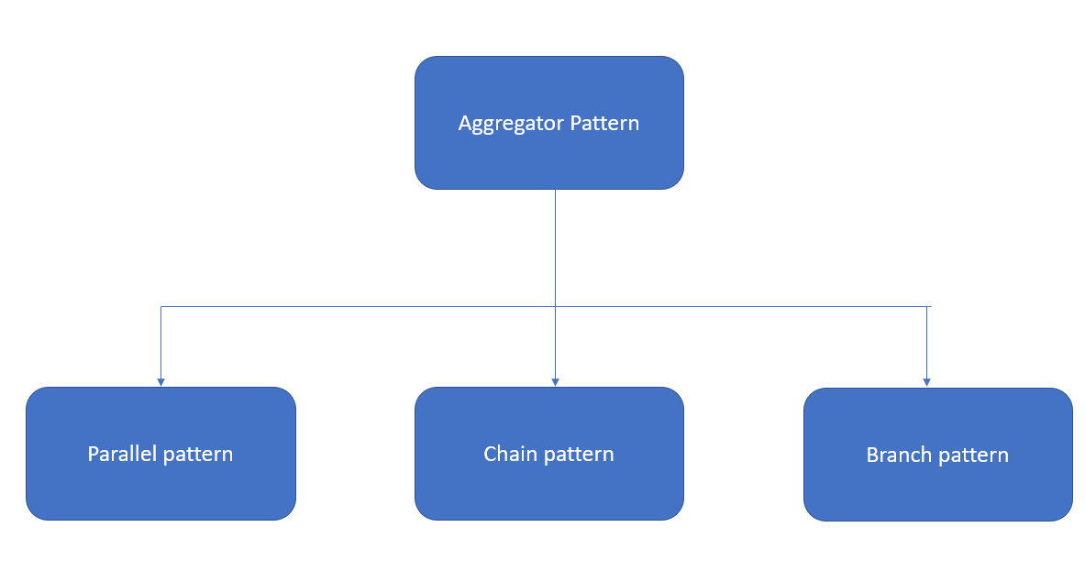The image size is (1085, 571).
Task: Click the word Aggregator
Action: (x=512, y=124)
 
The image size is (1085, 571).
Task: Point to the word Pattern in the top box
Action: (x=604, y=123)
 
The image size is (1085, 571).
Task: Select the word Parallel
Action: (x=121, y=454)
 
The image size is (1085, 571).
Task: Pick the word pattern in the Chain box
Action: (x=578, y=454)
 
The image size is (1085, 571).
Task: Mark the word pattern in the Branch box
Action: (x=972, y=455)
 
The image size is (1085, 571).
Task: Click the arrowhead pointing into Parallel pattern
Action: (x=161, y=381)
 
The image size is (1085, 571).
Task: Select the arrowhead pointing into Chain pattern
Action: (x=555, y=381)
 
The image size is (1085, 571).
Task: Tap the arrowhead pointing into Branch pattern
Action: (x=926, y=381)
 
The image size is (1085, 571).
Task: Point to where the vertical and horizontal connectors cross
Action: (x=555, y=306)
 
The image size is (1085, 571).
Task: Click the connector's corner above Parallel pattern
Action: (x=161, y=306)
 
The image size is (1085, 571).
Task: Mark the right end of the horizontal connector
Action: (x=931, y=306)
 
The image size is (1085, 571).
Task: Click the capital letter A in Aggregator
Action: (x=465, y=123)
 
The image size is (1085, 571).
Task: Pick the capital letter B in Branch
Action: (x=871, y=455)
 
